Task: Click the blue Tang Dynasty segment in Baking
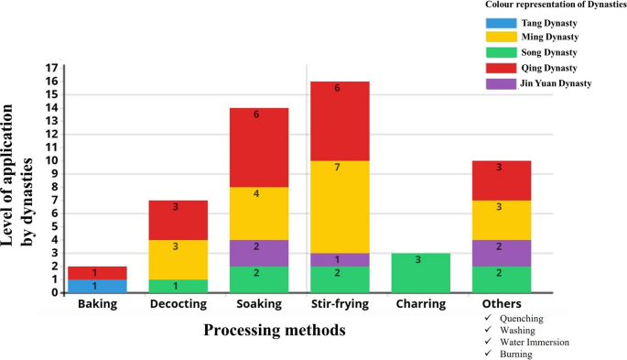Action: pyautogui.click(x=96, y=286)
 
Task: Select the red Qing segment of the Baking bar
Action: pyautogui.click(x=96, y=272)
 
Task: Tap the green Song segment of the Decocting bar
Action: pyautogui.click(x=177, y=286)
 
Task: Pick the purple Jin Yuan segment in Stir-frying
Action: pyautogui.click(x=340, y=259)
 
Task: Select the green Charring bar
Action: pyautogui.click(x=419, y=272)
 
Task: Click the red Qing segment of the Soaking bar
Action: pyautogui.click(x=258, y=147)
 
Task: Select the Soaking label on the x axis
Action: pyautogui.click(x=258, y=304)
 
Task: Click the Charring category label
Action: pyautogui.click(x=419, y=304)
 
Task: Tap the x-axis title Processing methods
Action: pyautogui.click(x=274, y=331)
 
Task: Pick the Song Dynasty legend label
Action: pyautogui.click(x=547, y=53)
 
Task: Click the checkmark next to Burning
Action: pyautogui.click(x=491, y=352)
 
